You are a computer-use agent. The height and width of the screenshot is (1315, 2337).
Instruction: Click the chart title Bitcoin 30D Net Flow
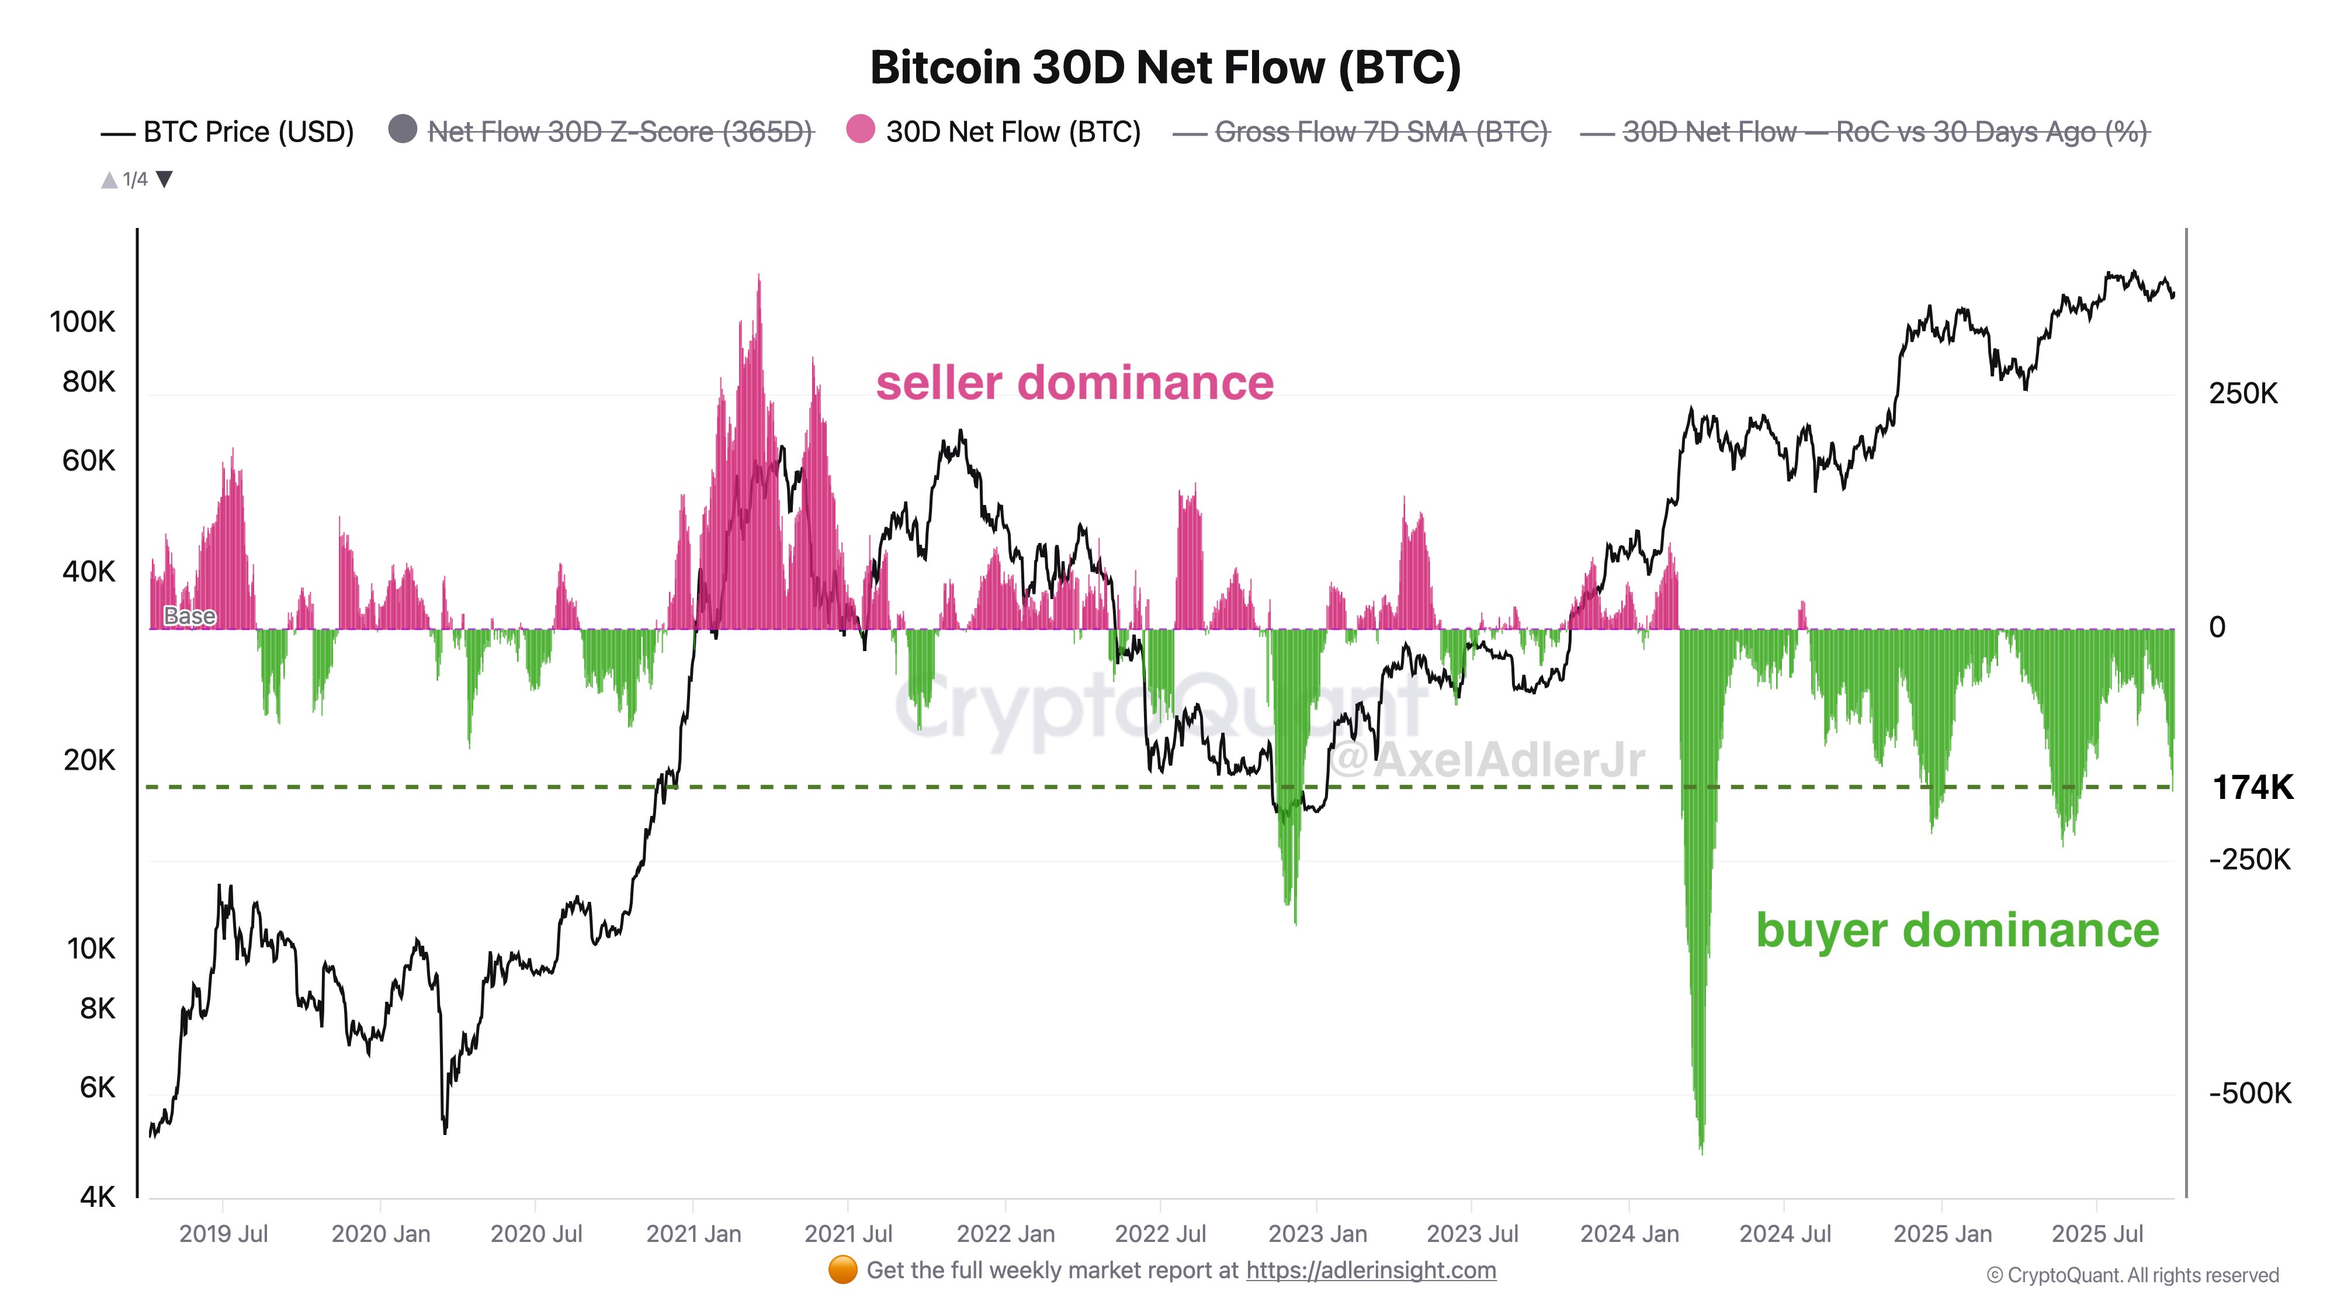pos(1165,67)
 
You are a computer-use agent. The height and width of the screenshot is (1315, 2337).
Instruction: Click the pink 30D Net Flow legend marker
pos(859,130)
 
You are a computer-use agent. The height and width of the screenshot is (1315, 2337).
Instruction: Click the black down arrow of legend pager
pos(164,179)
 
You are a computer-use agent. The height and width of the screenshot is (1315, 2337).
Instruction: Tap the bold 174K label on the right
pos(2252,787)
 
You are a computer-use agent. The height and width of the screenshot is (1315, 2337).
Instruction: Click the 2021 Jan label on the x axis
pos(693,1233)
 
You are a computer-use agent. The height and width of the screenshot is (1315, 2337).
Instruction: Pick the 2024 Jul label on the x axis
pos(1784,1233)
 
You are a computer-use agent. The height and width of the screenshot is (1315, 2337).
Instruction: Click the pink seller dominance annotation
pos(1074,382)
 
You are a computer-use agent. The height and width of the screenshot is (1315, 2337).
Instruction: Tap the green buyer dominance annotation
pos(1957,930)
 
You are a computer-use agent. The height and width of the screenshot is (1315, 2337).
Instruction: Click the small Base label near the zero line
pos(190,616)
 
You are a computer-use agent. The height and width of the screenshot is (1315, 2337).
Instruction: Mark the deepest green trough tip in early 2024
pos(1701,1151)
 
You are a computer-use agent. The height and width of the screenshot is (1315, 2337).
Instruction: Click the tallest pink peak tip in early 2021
pos(758,277)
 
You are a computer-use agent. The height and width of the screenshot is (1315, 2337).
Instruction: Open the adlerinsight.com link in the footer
pos(1370,1269)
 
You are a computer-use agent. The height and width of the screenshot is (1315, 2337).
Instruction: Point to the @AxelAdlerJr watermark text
pos(1488,760)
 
